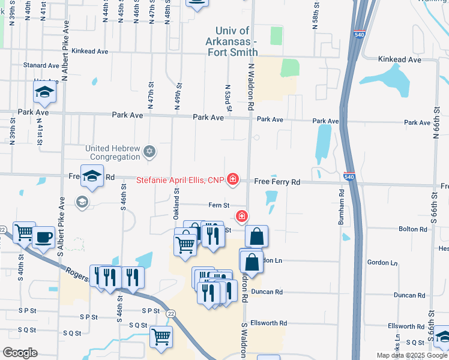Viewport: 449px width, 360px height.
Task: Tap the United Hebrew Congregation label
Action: [116, 152]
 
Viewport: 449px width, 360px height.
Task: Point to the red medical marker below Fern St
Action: [242, 216]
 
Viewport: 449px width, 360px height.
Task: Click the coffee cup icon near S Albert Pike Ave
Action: [43, 236]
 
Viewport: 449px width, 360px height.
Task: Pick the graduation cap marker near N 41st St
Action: [44, 92]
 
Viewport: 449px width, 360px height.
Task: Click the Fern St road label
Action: [218, 205]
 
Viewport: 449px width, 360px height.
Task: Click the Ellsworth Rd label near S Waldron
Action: [268, 323]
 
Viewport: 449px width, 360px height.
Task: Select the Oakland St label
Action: [176, 200]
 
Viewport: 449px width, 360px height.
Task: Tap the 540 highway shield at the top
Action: [359, 35]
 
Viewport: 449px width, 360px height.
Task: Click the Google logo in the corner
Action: [19, 353]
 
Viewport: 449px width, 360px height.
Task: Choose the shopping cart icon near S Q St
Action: [161, 337]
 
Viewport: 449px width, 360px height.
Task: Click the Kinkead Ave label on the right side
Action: [400, 60]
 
